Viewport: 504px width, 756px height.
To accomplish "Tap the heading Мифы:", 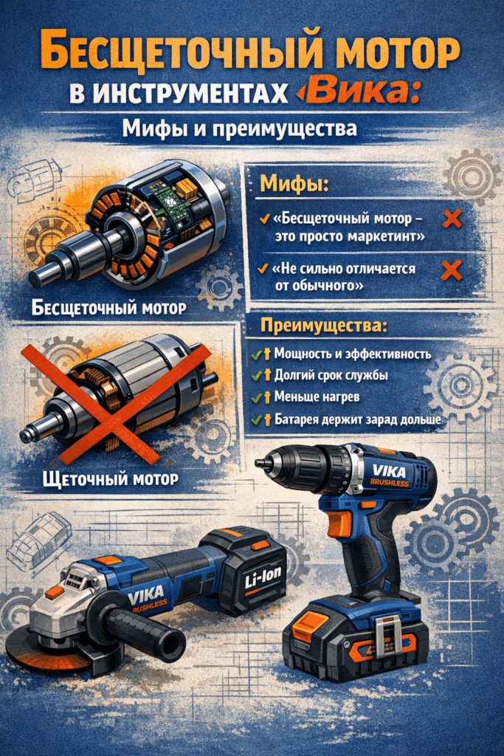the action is (294, 184).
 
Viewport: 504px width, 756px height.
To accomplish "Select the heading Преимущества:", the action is (324, 326).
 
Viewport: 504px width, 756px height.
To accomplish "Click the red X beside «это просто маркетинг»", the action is (452, 219).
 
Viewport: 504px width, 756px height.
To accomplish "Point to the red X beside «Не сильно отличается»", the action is (452, 270).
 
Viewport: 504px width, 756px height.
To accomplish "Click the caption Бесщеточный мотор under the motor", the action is (109, 308).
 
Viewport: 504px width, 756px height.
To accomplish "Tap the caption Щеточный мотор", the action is (111, 478).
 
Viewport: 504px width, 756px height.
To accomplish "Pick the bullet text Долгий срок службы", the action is (331, 375).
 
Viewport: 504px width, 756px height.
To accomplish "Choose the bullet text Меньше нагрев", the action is (317, 396).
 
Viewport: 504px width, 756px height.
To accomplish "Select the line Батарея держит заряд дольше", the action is (357, 419).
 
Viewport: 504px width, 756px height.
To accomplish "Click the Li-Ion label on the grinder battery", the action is (263, 578).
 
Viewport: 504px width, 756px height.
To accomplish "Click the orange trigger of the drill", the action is (340, 523).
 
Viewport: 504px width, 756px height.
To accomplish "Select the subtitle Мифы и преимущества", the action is (240, 128).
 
